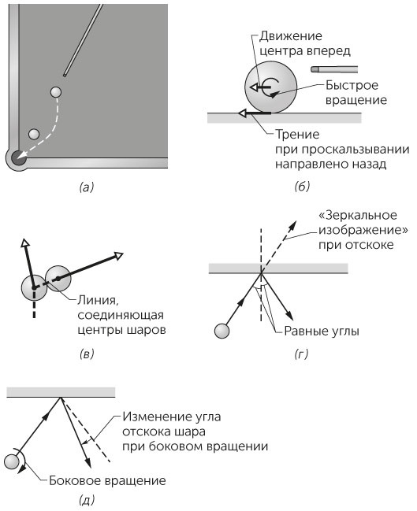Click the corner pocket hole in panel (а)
coord(18,157)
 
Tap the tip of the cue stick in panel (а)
coord(65,75)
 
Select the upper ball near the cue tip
coord(56,92)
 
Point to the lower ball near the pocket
coord(34,134)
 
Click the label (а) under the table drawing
coord(87,187)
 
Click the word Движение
coord(291,36)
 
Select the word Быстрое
coord(352,85)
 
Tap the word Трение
coord(297,135)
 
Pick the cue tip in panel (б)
coord(314,69)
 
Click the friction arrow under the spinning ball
coord(255,113)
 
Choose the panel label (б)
coord(302,187)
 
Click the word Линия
coord(98,300)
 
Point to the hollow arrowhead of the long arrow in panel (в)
coord(118,255)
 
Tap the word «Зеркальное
coord(358,215)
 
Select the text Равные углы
coord(322,331)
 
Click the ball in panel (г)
coord(222,331)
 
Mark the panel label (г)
coord(301,354)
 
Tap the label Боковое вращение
coord(107,481)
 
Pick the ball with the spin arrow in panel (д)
coord(12,462)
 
